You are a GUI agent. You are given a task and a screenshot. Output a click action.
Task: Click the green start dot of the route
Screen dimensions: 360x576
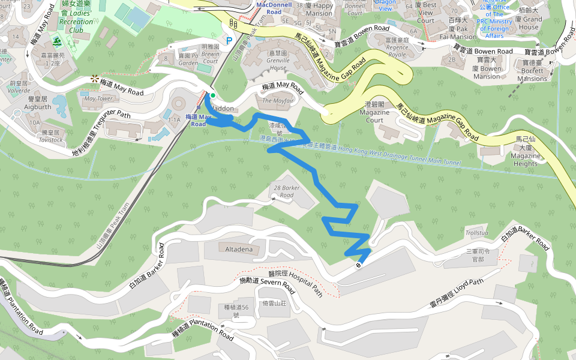coord(212,95)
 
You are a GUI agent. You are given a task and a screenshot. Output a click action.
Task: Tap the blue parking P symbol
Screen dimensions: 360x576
coord(229,41)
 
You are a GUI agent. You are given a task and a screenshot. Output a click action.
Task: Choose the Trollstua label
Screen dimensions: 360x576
coord(478,232)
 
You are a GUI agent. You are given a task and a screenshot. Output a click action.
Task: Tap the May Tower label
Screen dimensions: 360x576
coord(98,98)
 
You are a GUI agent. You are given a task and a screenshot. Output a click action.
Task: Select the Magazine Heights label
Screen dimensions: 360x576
coord(525,155)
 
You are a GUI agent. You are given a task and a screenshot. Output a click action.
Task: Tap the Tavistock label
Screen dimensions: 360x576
coord(50,136)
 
